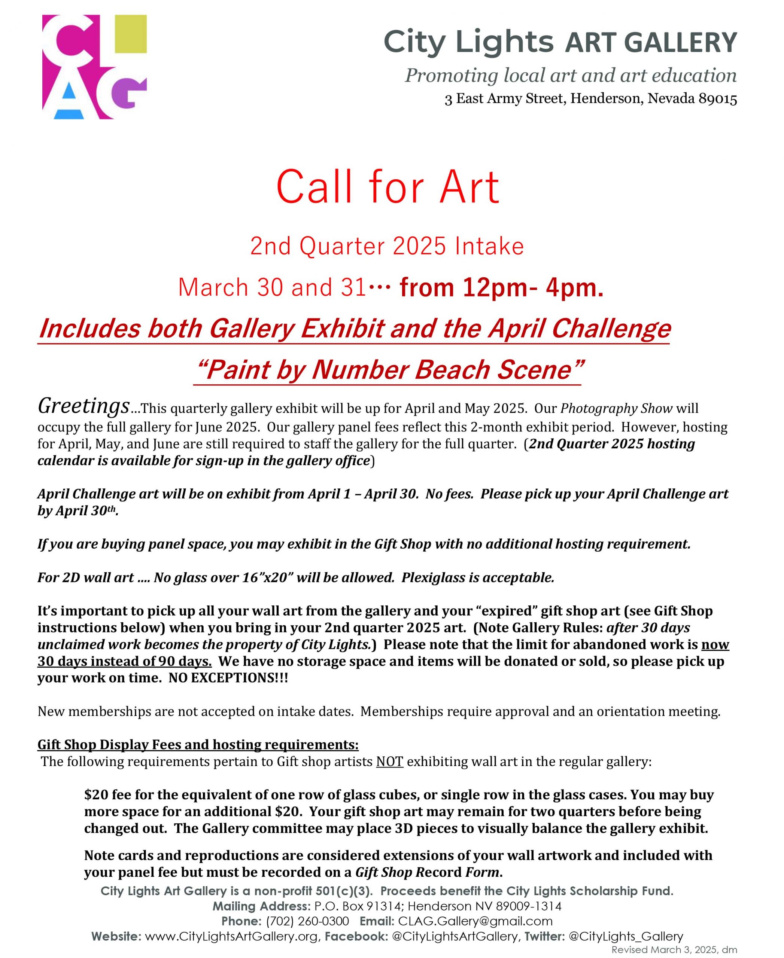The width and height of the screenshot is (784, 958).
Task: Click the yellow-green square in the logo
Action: pyautogui.click(x=131, y=34)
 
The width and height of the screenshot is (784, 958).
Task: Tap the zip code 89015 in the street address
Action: pyautogui.click(x=718, y=99)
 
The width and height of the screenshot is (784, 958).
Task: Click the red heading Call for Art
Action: pyautogui.click(x=388, y=187)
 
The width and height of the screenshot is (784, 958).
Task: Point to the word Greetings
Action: pyautogui.click(x=83, y=406)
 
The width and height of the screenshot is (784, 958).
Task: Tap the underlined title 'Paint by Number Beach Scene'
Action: pyautogui.click(x=388, y=370)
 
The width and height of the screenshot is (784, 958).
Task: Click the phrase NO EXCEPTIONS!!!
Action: pyautogui.click(x=228, y=678)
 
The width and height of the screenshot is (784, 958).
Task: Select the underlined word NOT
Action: pyautogui.click(x=390, y=762)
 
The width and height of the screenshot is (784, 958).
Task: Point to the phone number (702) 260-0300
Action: pyautogui.click(x=307, y=921)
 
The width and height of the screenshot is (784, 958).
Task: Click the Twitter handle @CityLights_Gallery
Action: pyautogui.click(x=626, y=936)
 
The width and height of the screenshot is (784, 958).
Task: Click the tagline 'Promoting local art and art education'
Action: pyautogui.click(x=570, y=75)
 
